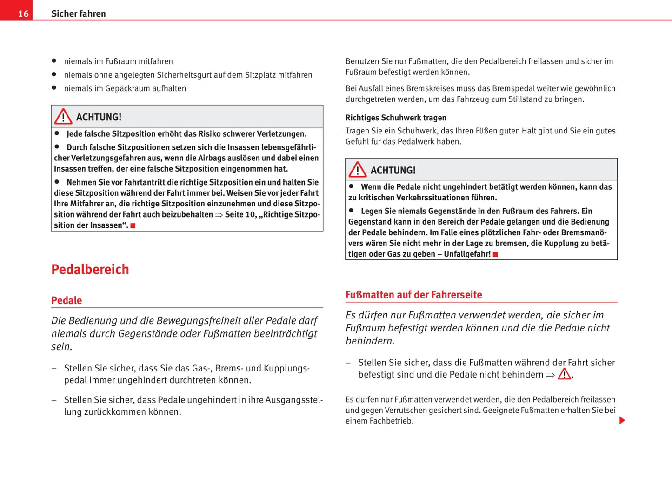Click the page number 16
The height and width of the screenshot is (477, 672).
(x=23, y=14)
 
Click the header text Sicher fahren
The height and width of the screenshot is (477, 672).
(x=78, y=14)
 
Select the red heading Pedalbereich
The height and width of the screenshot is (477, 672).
(x=90, y=269)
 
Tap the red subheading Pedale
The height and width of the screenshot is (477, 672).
(x=67, y=300)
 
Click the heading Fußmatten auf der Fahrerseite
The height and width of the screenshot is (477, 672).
(x=413, y=295)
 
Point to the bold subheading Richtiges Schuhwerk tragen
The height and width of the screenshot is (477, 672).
(x=396, y=118)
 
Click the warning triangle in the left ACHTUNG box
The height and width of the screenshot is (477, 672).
(x=63, y=117)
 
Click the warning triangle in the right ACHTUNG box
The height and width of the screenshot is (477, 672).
(x=358, y=170)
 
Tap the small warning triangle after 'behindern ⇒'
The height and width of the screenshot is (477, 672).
(x=564, y=374)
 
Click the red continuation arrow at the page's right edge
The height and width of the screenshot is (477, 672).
(x=622, y=420)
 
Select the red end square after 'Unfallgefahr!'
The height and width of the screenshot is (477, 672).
(x=496, y=254)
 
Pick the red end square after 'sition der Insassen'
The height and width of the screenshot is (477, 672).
(x=133, y=225)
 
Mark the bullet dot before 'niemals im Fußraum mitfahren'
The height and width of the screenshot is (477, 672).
(x=54, y=61)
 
